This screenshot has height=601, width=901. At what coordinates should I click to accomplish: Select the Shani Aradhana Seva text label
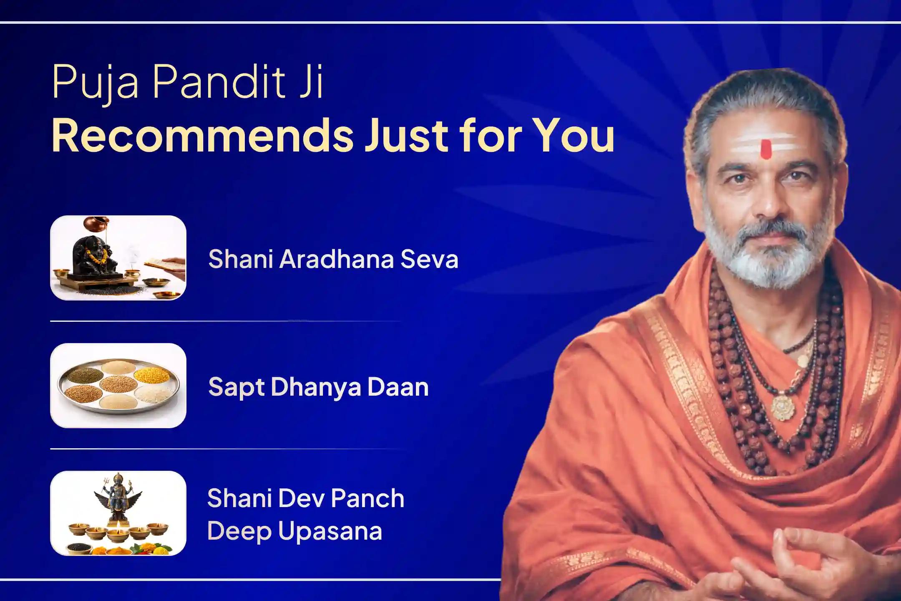pyautogui.click(x=333, y=259)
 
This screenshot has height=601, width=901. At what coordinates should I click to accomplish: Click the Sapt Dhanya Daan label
pyautogui.click(x=318, y=386)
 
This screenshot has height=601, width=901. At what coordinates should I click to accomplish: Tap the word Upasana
pyautogui.click(x=330, y=531)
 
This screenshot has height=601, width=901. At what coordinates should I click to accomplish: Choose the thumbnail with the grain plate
pyautogui.click(x=118, y=386)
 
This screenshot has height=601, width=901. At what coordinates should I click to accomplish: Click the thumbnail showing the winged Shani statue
pyautogui.click(x=118, y=513)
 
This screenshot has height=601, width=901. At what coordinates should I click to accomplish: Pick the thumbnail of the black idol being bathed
pyautogui.click(x=118, y=258)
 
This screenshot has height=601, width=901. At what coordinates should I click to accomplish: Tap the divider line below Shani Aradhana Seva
pyautogui.click(x=225, y=321)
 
